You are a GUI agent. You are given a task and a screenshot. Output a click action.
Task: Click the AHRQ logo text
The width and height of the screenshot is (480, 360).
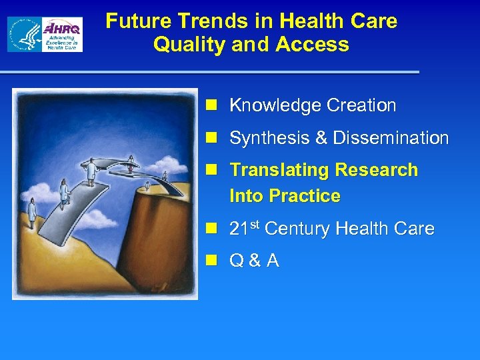[x=63, y=29]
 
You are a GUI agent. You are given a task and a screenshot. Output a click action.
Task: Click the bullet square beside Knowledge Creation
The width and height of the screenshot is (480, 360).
[x=213, y=105]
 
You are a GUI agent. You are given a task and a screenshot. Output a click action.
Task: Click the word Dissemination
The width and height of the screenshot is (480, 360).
[x=391, y=138]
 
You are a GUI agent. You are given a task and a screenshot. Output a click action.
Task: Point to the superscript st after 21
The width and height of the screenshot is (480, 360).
[x=255, y=225]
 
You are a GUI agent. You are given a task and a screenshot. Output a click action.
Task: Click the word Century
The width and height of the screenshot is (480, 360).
[x=297, y=229]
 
